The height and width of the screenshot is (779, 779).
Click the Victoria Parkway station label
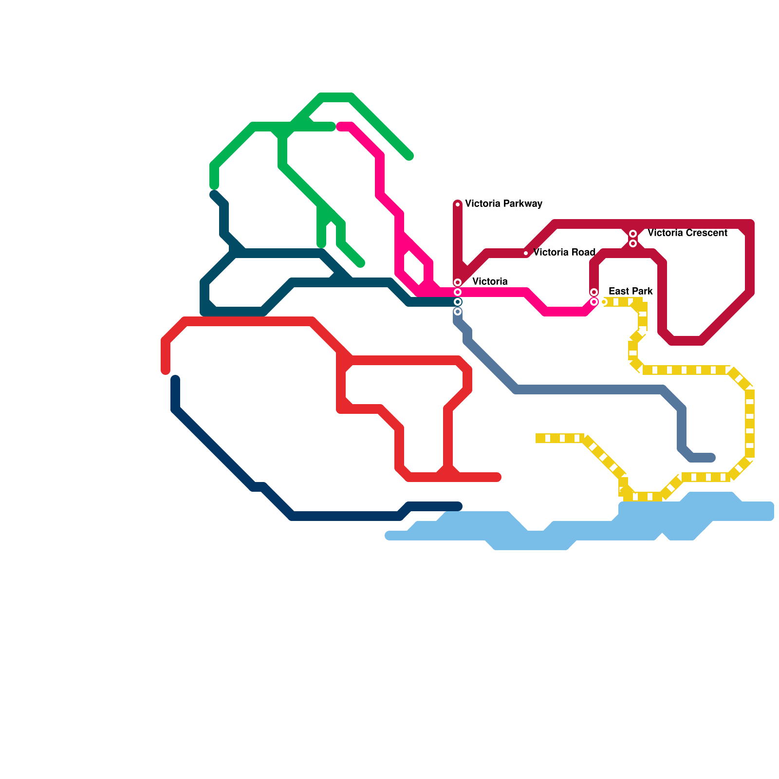[x=503, y=204]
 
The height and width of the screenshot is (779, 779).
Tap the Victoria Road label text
[x=564, y=252]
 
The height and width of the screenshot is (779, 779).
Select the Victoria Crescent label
[x=687, y=233]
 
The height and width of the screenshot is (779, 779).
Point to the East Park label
[x=631, y=291]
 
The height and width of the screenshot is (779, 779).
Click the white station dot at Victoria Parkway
[x=458, y=204]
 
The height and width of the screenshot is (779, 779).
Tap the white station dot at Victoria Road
[x=526, y=253]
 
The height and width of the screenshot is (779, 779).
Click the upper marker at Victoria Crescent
[x=633, y=234]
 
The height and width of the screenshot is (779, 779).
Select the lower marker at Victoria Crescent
[x=633, y=243]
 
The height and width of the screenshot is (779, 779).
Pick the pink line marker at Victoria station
[x=458, y=292]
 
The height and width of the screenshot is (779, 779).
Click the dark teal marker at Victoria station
[x=458, y=302]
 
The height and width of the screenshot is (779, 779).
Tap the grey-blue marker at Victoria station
[x=458, y=312]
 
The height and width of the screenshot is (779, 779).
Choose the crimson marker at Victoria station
[x=458, y=282]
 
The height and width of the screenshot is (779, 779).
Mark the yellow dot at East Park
[x=604, y=302]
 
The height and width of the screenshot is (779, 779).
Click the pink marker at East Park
[x=594, y=302]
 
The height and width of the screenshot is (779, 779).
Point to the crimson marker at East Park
[x=594, y=292]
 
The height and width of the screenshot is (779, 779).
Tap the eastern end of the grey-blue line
[x=711, y=458]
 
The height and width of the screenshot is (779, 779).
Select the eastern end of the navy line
[x=458, y=506]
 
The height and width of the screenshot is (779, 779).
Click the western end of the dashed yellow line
[x=538, y=438]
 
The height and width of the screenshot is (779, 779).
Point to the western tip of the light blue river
[x=389, y=536]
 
